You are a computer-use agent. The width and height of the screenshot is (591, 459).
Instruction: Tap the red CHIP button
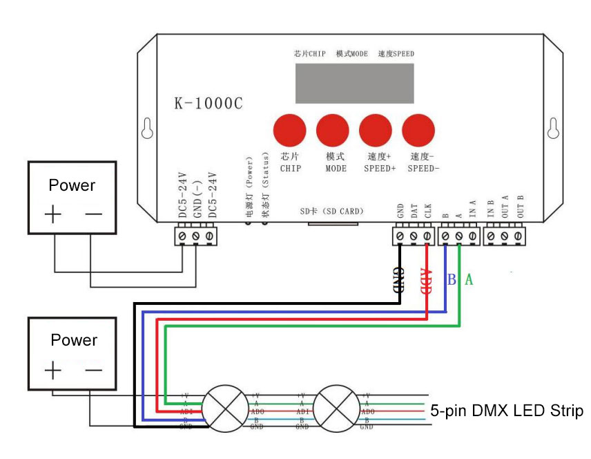tap(290, 130)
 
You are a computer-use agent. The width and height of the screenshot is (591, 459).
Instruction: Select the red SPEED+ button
tap(376, 130)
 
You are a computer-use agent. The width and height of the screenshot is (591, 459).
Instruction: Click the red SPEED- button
tap(419, 130)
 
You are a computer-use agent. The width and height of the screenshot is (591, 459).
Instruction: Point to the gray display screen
tap(355, 83)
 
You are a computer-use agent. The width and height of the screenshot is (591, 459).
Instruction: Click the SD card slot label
tap(331, 211)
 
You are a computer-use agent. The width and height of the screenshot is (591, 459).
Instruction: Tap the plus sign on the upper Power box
tap(53, 214)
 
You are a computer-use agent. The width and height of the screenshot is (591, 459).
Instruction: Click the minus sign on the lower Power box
tap(93, 370)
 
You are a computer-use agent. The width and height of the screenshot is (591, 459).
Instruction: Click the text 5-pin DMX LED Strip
tap(506, 411)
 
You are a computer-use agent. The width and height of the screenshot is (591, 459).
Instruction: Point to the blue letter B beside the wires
tap(452, 280)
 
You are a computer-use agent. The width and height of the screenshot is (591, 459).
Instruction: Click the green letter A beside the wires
tap(469, 279)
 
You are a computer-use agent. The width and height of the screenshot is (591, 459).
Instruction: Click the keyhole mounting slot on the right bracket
tap(552, 128)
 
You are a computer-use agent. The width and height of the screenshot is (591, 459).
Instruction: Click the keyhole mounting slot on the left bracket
tap(146, 128)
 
